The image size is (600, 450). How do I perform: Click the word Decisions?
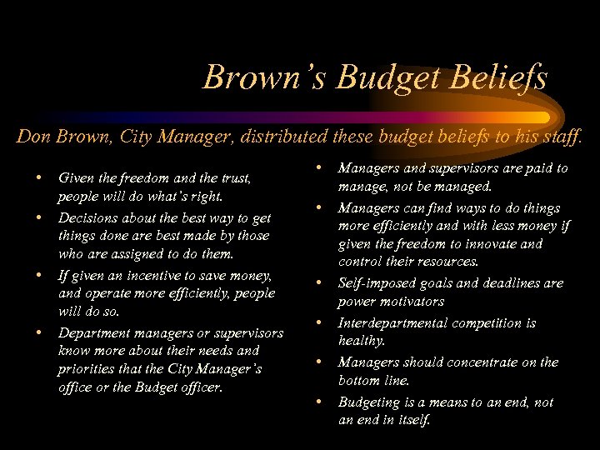point(89,217)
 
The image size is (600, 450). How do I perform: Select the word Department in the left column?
point(92,333)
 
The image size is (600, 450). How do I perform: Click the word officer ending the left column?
point(198,388)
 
